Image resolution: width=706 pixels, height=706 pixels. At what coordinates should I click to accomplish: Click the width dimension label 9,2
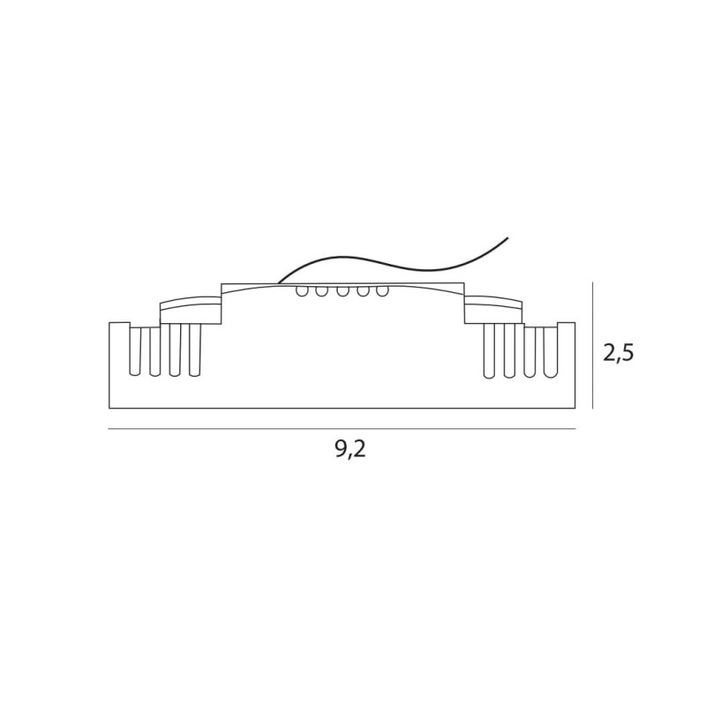click(x=350, y=449)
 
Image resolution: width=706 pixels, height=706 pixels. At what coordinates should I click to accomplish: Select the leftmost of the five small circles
click(x=302, y=291)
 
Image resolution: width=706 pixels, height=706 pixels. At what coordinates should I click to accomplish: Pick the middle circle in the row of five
click(x=342, y=291)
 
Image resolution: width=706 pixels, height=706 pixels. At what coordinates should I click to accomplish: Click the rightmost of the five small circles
click(x=382, y=291)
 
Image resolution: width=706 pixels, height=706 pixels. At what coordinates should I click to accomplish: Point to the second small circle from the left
click(x=321, y=291)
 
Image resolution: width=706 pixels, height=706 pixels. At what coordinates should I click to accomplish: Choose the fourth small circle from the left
click(x=363, y=291)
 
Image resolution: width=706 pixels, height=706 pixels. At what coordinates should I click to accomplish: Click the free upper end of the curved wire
click(x=508, y=237)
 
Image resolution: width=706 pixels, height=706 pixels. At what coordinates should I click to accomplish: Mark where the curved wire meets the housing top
click(x=278, y=283)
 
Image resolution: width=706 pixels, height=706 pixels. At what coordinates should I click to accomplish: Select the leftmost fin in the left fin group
click(x=135, y=351)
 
